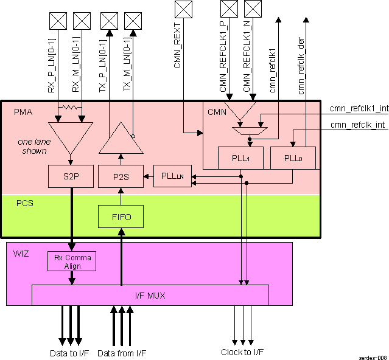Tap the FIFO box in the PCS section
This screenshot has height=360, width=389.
pos(120,216)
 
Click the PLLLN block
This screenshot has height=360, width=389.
pos(172,176)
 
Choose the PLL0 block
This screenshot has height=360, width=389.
pos(293,157)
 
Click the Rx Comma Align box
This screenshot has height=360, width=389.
pos(72,261)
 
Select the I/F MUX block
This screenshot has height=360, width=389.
pos(150,296)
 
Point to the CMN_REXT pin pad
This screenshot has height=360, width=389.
pos(183,9)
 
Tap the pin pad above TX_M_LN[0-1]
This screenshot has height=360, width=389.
pos(132,21)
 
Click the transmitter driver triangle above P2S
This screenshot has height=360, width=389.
pos(121,139)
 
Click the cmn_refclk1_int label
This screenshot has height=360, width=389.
pos(359,109)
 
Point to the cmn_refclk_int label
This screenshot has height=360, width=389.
pos(360,125)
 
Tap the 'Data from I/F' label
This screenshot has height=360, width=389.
pos(122,353)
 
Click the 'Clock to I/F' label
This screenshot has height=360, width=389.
pos(242,352)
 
